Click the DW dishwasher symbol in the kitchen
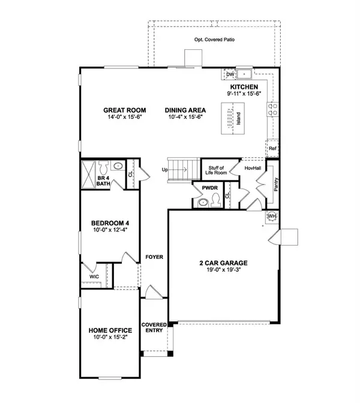coord(230,74)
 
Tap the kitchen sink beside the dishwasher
coord(244,74)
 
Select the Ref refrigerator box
coord(272,148)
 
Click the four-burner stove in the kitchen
coord(272,109)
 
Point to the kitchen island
coord(233,118)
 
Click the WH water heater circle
coord(272,216)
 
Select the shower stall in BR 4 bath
coord(88,175)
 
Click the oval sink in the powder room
coord(203,203)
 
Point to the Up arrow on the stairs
coord(180,169)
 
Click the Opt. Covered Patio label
coord(214,40)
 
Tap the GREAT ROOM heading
coord(125,111)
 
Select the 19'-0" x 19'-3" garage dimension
coord(223,270)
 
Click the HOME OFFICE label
coord(110,330)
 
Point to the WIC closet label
coord(94,276)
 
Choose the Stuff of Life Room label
coord(216,170)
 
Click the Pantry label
coord(276,184)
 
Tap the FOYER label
coord(154,257)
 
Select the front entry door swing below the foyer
coord(154,292)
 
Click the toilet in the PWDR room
coord(215,200)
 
